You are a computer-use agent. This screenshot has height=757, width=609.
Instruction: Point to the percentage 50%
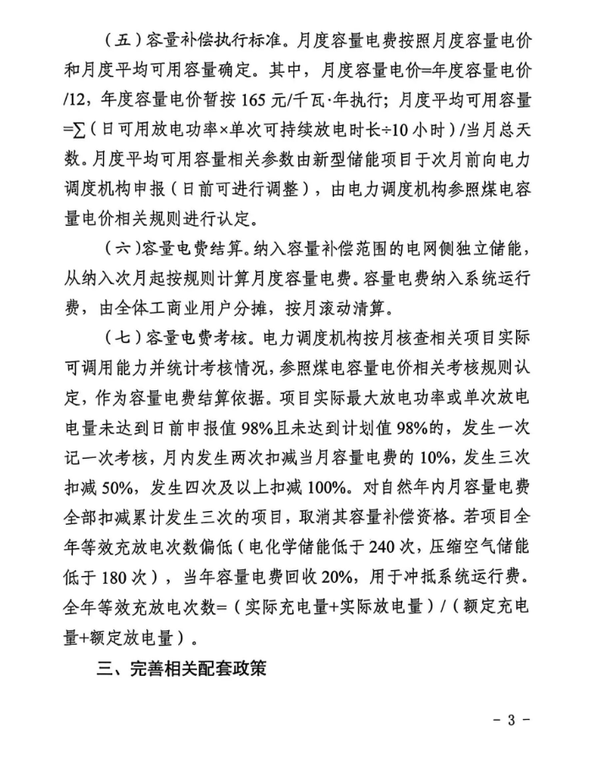122,487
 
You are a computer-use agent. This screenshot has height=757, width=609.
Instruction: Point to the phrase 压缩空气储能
484,547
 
